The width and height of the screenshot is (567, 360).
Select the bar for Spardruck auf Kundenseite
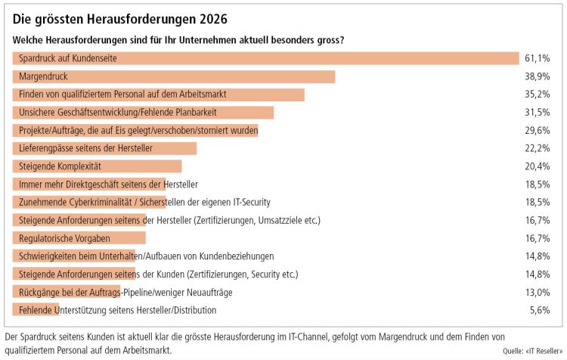click(x=265, y=58)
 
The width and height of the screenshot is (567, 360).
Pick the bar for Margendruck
click(x=174, y=76)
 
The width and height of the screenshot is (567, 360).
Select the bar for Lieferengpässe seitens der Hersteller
click(x=104, y=148)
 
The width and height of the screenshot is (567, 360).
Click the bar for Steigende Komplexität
click(x=97, y=166)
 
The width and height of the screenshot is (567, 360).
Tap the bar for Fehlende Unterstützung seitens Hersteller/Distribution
click(x=36, y=310)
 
